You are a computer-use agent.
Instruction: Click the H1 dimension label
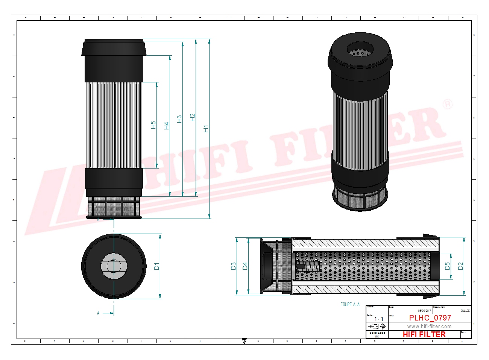pyautogui.click(x=206, y=129)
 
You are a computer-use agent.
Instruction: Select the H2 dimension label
pyautogui.click(x=193, y=117)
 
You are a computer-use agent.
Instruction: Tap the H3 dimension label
pyautogui.click(x=179, y=119)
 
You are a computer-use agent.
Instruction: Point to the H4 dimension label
pyautogui.click(x=166, y=126)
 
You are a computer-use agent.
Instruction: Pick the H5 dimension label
pyautogui.click(x=153, y=125)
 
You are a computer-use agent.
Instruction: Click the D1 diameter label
pyautogui.click(x=157, y=266)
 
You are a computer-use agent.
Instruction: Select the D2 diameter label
pyautogui.click(x=461, y=266)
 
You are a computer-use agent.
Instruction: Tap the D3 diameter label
pyautogui.click(x=233, y=266)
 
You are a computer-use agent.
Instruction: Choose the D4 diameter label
pyautogui.click(x=245, y=266)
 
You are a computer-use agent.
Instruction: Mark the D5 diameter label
pyautogui.click(x=447, y=266)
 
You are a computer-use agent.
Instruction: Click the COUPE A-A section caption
pyautogui.click(x=350, y=304)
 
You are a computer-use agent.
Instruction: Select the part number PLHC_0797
pyautogui.click(x=430, y=318)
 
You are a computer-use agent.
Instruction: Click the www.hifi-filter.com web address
pyautogui.click(x=429, y=327)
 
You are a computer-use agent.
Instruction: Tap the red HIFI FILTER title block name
pyautogui.click(x=424, y=334)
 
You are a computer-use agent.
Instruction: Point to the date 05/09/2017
pyautogui.click(x=424, y=311)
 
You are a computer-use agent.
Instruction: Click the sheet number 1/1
pyautogui.click(x=378, y=319)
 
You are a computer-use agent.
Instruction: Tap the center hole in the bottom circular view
pyautogui.click(x=114, y=266)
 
